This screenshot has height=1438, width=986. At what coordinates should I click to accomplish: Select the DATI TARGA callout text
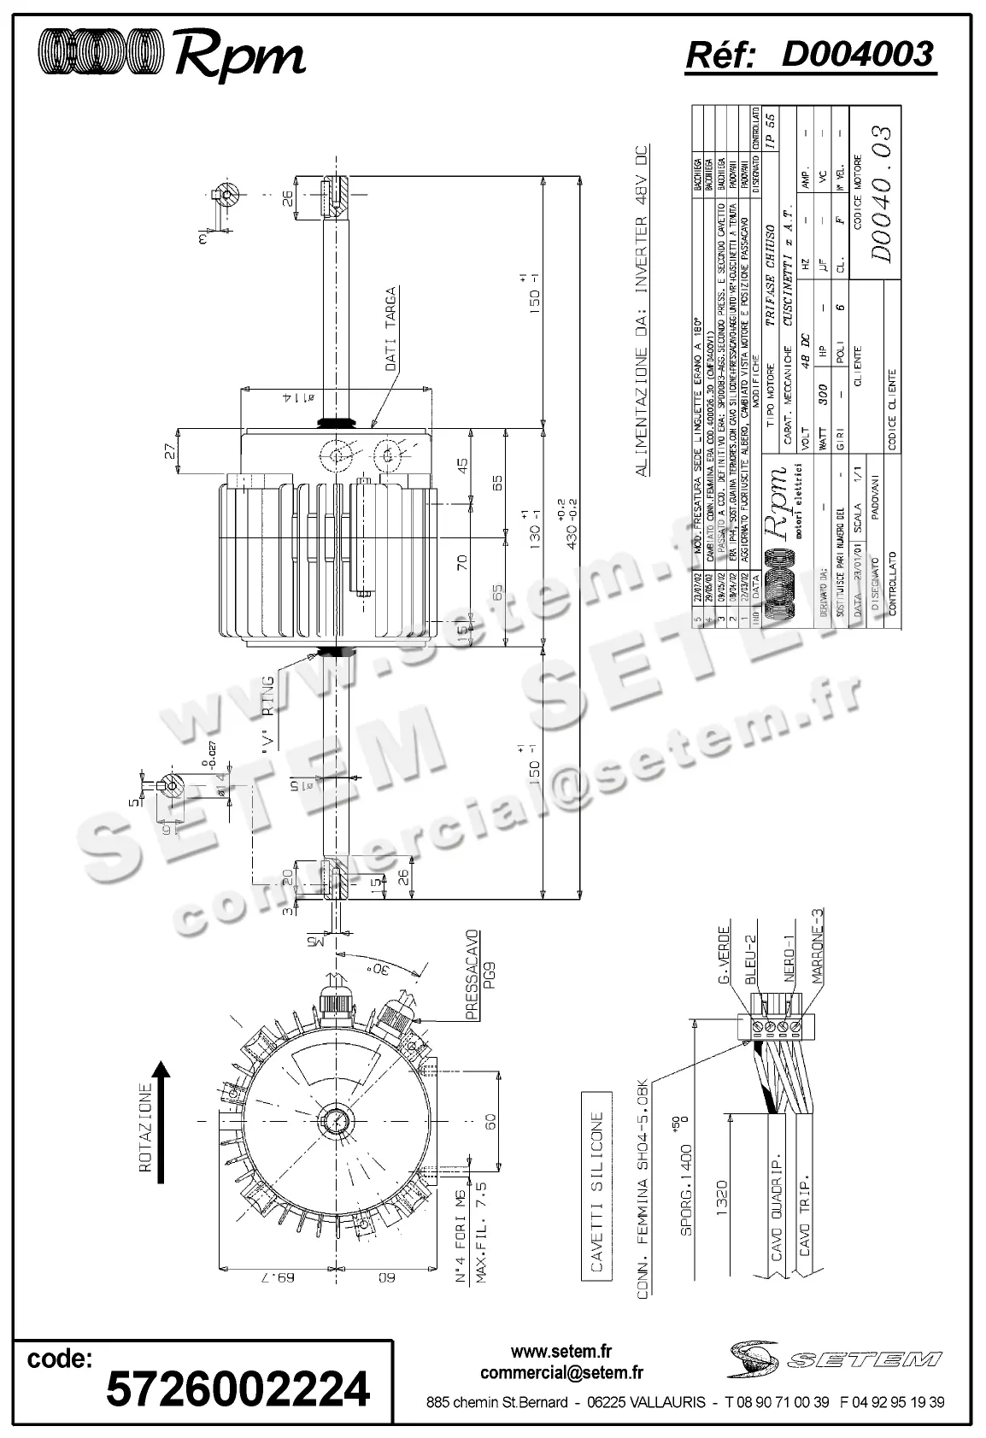(x=390, y=328)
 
